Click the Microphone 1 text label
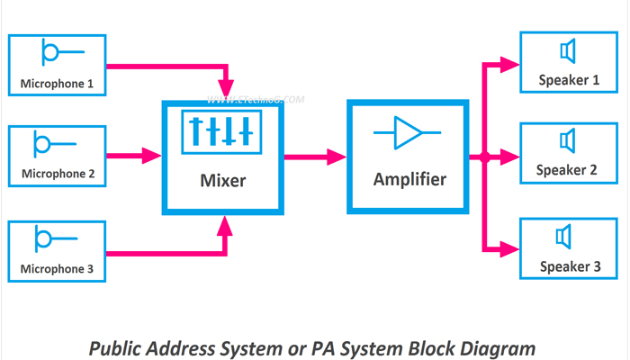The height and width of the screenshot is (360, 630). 57,85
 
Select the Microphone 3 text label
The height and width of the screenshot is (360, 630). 57,268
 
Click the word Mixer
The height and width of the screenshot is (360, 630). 221,181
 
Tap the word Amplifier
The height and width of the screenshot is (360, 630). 409,180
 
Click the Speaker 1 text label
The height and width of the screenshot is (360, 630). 569,80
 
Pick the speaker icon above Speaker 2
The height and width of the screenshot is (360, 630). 567,139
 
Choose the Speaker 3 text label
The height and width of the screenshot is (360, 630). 569,266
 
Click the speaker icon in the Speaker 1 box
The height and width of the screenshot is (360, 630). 567,49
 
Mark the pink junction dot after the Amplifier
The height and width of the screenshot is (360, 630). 485,157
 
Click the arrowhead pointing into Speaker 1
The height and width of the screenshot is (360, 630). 510,63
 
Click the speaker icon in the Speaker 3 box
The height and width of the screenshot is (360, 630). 565,236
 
